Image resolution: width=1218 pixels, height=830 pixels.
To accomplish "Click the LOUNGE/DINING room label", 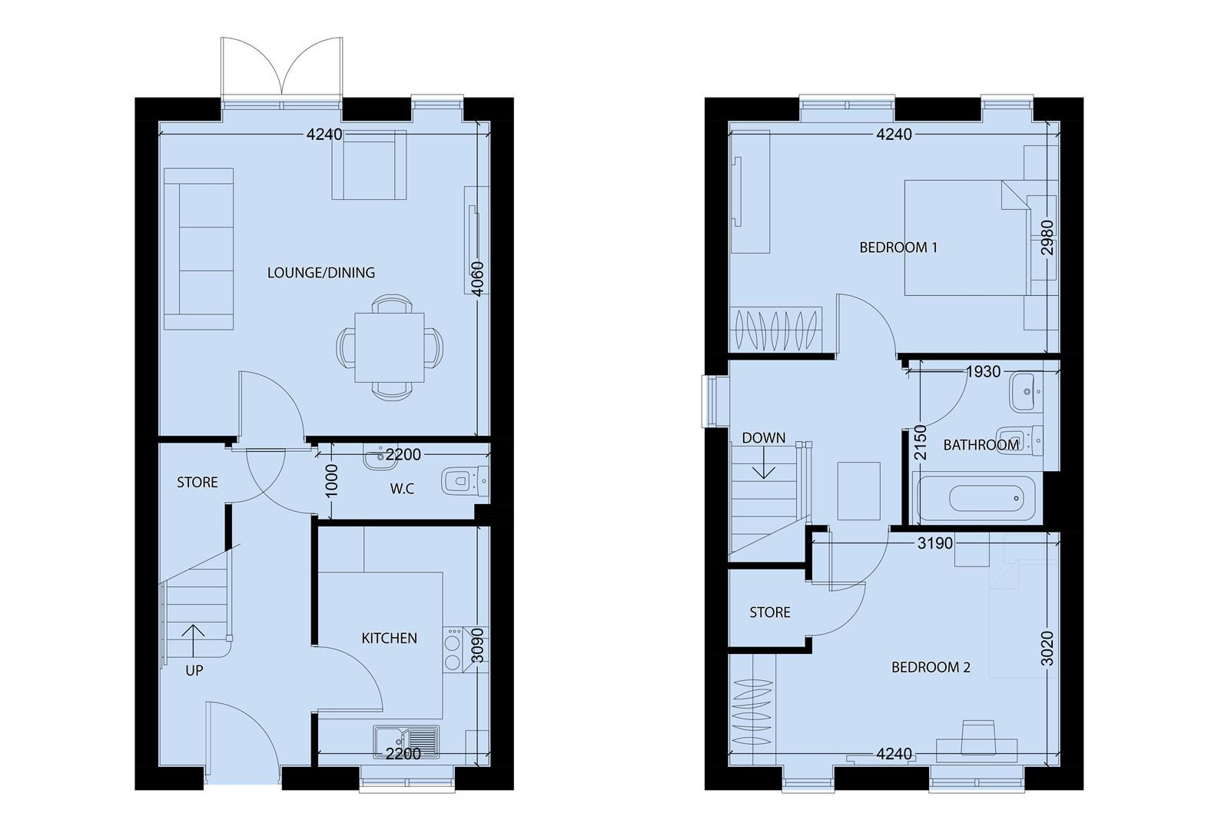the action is coord(321,273).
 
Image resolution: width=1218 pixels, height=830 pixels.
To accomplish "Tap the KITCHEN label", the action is coord(390,638).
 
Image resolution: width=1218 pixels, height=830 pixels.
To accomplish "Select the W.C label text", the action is coord(403,489).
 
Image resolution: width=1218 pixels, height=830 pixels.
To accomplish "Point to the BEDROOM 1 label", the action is coord(898,247).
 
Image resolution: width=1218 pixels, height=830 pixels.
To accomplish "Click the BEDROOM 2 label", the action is coord(931,667).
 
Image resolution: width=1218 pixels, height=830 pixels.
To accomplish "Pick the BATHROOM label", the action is coord(981,445).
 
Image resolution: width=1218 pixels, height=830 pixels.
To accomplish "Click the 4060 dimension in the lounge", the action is coord(477,279).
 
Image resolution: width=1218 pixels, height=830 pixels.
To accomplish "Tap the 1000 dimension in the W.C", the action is coord(331,480).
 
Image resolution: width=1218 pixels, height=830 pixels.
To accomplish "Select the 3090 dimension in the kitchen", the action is coord(477,646).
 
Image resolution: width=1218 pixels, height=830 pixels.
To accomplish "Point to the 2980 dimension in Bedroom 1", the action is coord(1047,237).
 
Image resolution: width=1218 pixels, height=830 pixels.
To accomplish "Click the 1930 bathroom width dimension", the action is coord(983,371).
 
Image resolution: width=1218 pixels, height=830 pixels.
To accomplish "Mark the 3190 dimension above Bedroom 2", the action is coord(935,543).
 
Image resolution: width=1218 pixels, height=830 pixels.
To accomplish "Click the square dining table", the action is coord(390,347).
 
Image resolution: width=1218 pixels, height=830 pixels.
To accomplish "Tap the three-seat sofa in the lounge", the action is coord(198,249).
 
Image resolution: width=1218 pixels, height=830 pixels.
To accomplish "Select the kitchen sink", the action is coord(407,742).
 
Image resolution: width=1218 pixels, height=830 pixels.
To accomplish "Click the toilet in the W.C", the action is coord(465,481).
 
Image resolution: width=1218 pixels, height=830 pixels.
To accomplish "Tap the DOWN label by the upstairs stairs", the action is coord(763,438).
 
